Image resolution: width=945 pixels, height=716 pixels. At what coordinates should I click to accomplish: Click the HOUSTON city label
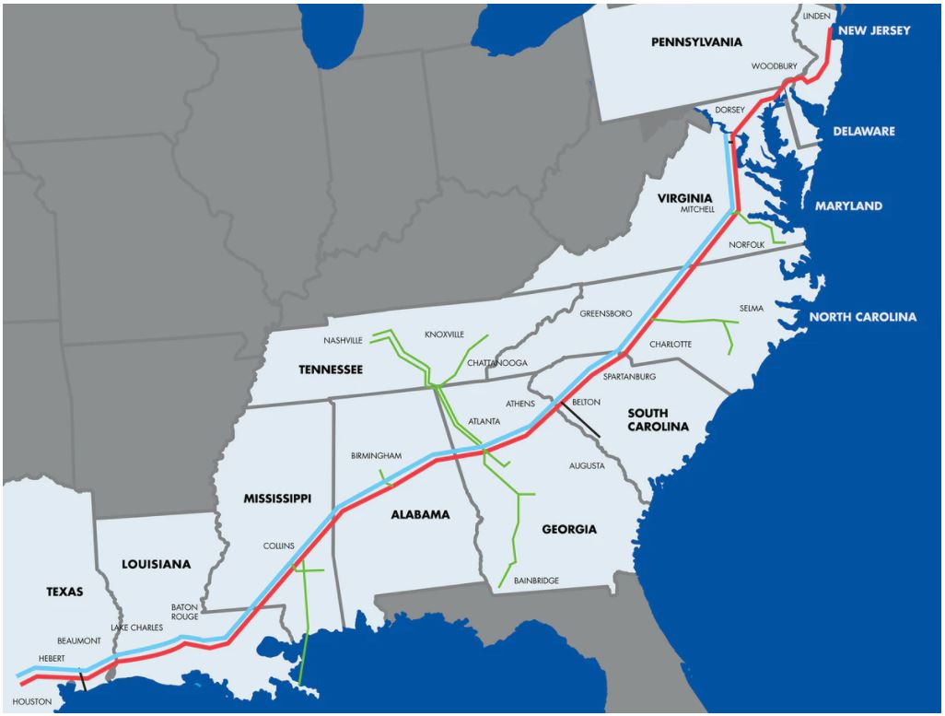pos(32,702)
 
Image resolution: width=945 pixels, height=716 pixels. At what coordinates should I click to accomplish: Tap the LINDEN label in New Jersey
pos(816,17)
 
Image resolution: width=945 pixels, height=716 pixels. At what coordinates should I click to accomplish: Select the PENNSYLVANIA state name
pos(696,42)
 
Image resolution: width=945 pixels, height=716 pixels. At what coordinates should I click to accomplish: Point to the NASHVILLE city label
pos(343,340)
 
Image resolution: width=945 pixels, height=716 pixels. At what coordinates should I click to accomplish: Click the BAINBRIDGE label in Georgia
pos(536,581)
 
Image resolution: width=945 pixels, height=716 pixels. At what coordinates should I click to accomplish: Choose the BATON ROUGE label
pos(184,612)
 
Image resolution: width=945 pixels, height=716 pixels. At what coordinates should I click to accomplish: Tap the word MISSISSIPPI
pos(277,499)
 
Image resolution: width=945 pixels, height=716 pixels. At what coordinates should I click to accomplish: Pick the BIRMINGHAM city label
pos(377,456)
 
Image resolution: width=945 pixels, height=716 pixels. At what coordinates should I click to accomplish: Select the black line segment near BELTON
pos(580,420)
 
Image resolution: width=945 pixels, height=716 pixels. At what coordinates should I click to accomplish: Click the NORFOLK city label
pos(746,245)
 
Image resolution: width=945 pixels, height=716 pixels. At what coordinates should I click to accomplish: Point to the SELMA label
pos(752,309)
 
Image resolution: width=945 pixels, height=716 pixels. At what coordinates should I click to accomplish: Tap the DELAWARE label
pos(863,132)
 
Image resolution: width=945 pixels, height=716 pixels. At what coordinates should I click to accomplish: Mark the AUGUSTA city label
pos(587,466)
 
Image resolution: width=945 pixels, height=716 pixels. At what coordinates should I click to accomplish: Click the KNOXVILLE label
pos(444,334)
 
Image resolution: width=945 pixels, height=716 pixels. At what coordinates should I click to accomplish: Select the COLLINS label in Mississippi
pos(279,546)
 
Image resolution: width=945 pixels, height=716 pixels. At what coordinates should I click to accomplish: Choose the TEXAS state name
pos(64,592)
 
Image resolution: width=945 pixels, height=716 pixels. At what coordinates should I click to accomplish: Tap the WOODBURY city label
pos(774,66)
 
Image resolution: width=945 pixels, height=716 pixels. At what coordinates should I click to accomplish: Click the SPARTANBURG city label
pos(629,377)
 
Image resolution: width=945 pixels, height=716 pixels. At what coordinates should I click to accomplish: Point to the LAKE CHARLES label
pos(137,628)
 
